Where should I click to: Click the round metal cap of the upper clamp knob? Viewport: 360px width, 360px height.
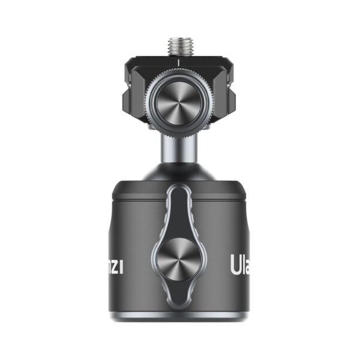179,103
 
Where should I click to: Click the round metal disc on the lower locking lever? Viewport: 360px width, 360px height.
179,262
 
